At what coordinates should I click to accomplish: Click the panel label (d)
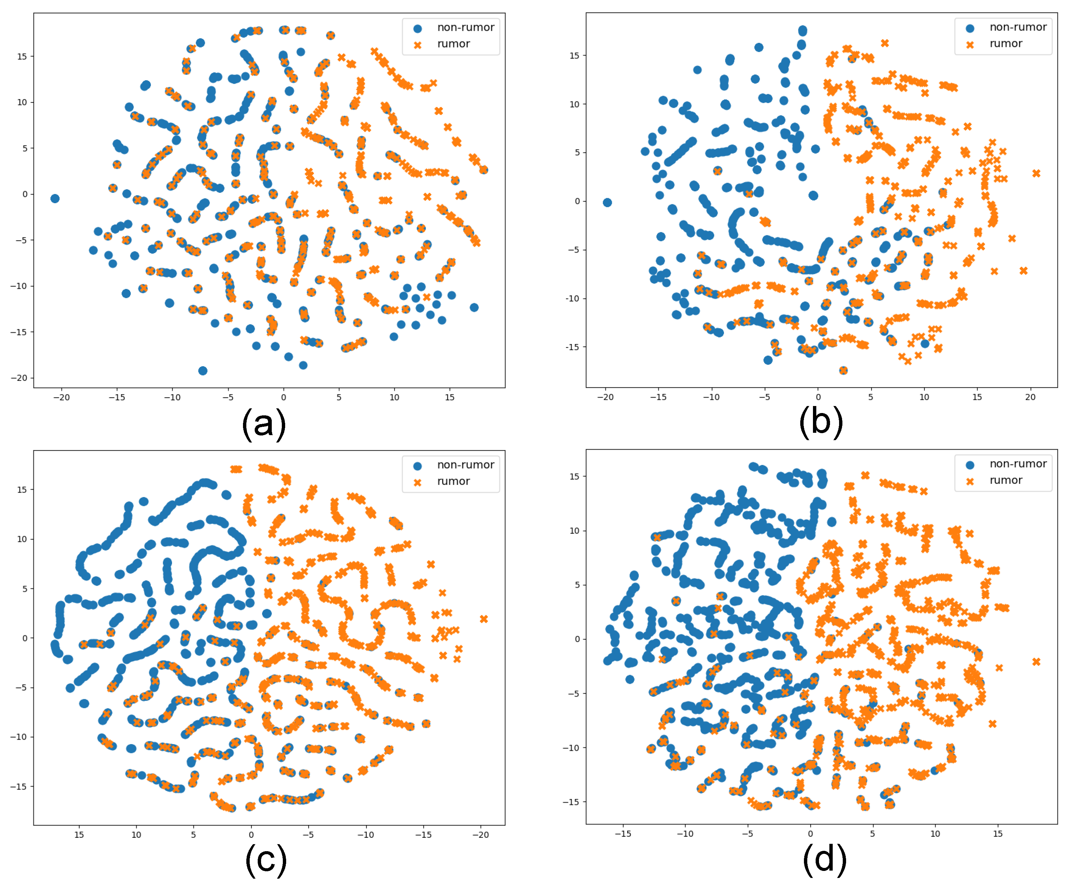pos(824,860)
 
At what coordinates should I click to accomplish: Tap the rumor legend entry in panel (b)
pos(1005,44)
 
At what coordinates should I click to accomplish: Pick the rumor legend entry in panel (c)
pos(453,481)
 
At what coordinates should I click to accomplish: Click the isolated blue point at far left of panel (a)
pos(55,199)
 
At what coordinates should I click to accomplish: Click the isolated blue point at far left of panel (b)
pos(607,203)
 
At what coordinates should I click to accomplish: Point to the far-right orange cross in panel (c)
pos(484,619)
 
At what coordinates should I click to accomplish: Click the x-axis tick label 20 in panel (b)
pos(1030,397)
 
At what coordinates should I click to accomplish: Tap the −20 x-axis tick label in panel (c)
pos(481,834)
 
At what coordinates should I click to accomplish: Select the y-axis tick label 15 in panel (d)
pos(574,476)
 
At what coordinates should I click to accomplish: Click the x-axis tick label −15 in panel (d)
pos(623,833)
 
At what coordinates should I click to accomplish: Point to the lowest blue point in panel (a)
pos(203,371)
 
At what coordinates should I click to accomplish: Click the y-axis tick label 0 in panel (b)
pos(577,201)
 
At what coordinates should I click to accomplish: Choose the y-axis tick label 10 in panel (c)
pos(22,539)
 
